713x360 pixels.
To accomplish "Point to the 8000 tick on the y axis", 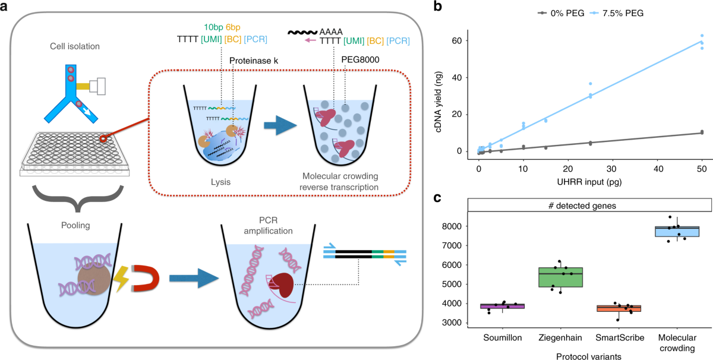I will pos(454,226).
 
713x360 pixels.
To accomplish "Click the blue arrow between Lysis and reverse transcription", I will pos(279,125).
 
